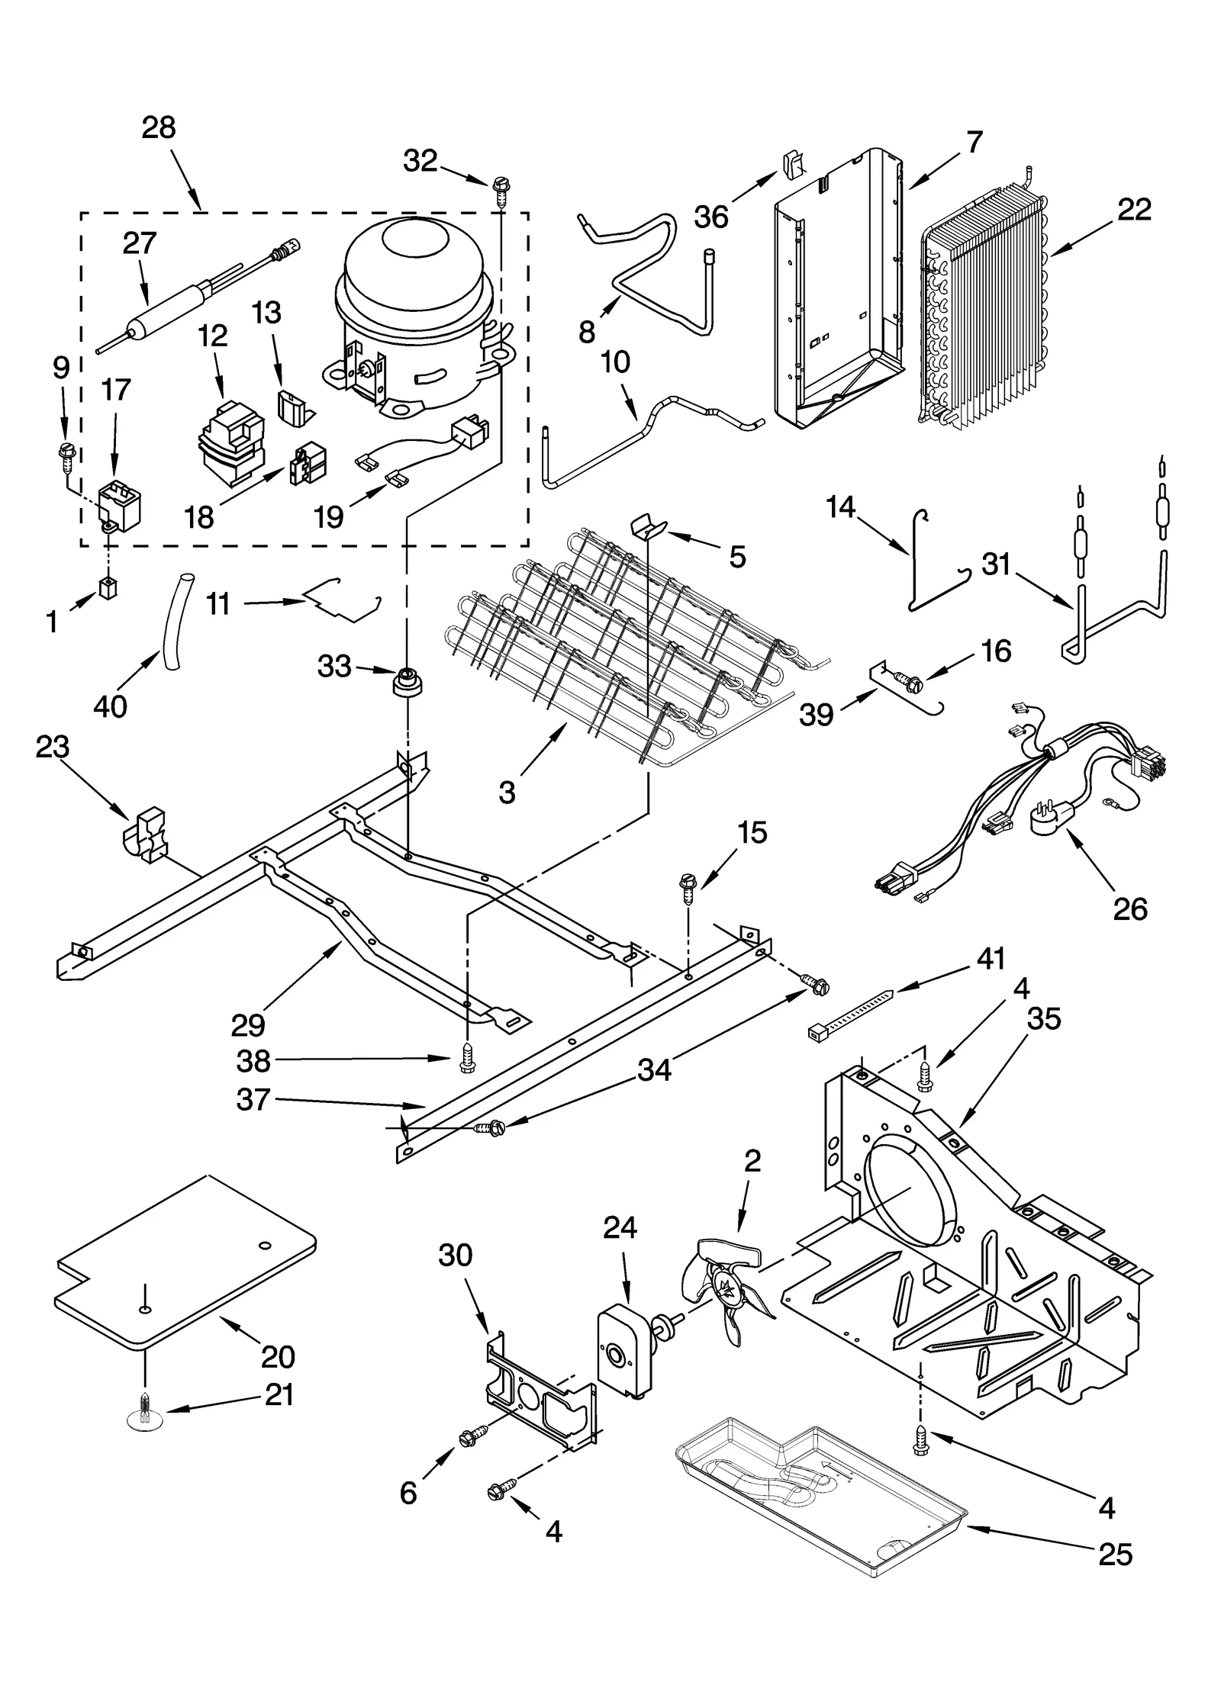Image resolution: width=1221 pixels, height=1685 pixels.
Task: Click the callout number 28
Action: [x=159, y=128]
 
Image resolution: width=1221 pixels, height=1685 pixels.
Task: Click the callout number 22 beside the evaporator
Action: [x=1134, y=209]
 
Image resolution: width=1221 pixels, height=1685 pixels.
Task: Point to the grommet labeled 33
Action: [x=409, y=680]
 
